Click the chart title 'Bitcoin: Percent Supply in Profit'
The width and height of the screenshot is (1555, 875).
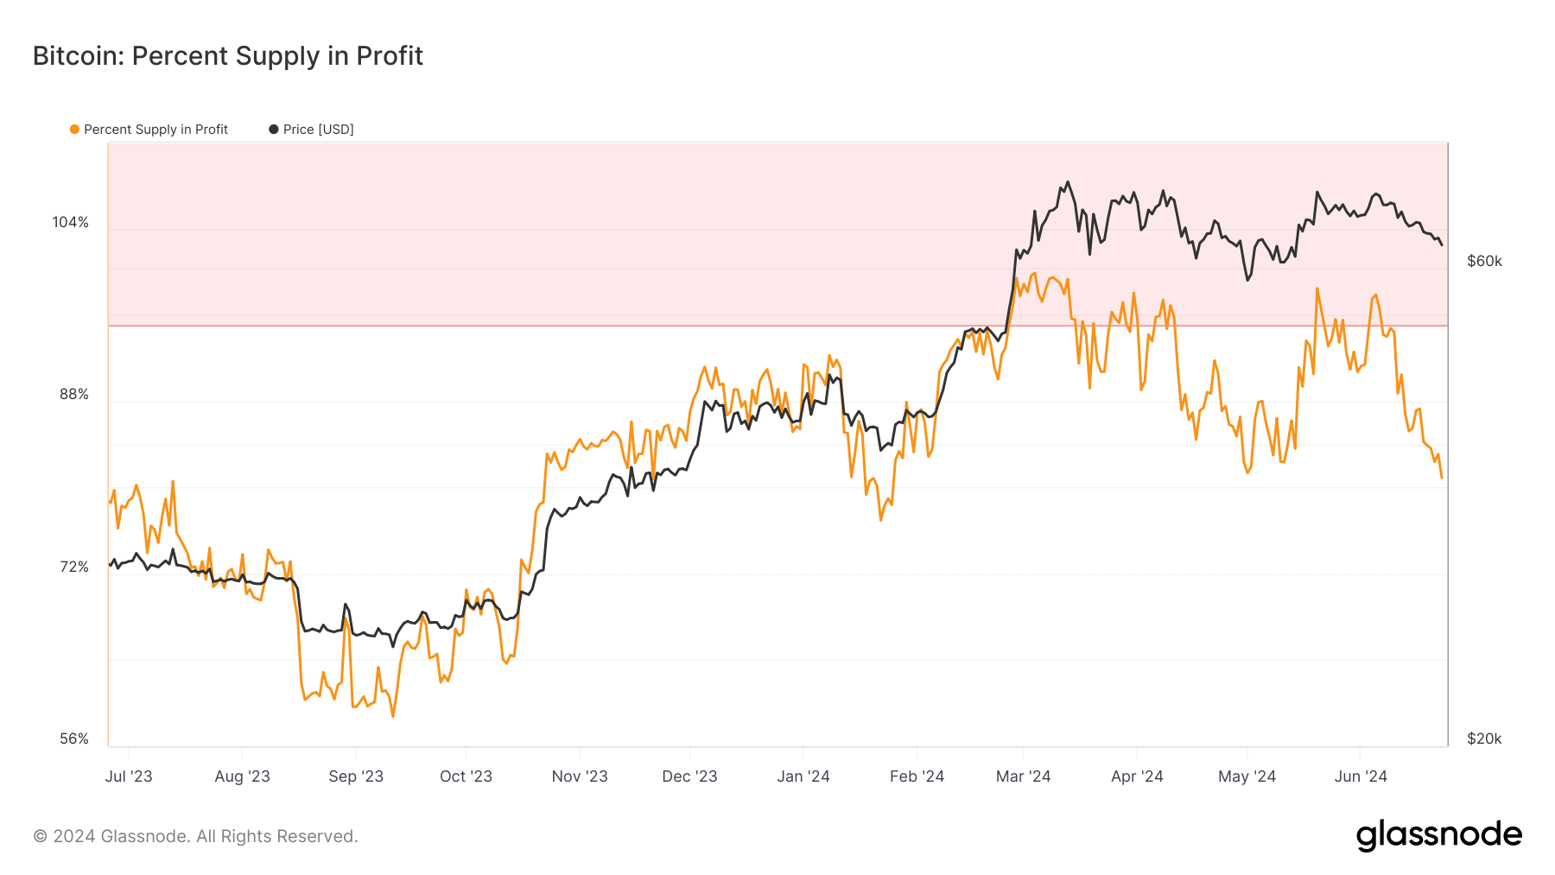coord(228,56)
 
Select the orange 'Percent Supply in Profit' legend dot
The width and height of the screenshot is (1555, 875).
coord(75,130)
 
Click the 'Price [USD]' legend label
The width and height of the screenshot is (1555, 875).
coord(318,130)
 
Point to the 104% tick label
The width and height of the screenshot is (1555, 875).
coord(71,223)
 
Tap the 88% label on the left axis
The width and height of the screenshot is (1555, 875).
coord(74,395)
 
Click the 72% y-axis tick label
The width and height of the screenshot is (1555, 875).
coord(74,567)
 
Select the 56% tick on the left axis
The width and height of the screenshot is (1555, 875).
coord(74,739)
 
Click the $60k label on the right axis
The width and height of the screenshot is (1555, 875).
coord(1484,262)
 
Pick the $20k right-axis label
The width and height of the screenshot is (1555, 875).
coord(1484,739)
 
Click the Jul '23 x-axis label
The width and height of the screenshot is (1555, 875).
coord(129,777)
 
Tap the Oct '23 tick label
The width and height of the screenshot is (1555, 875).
coord(466,777)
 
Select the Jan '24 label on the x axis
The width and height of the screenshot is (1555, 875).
coord(803,777)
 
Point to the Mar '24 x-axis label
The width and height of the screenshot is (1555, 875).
coord(1023,777)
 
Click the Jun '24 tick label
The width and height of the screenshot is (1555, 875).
coord(1360,777)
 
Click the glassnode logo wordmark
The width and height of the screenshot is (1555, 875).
coord(1438,835)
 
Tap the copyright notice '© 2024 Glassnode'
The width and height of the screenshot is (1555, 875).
coord(195,836)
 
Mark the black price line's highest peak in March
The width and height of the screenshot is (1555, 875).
coord(1068,182)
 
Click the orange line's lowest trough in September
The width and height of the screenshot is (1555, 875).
coord(393,716)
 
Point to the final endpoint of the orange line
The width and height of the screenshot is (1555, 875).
coord(1442,478)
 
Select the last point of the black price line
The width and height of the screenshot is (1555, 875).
coord(1442,245)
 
